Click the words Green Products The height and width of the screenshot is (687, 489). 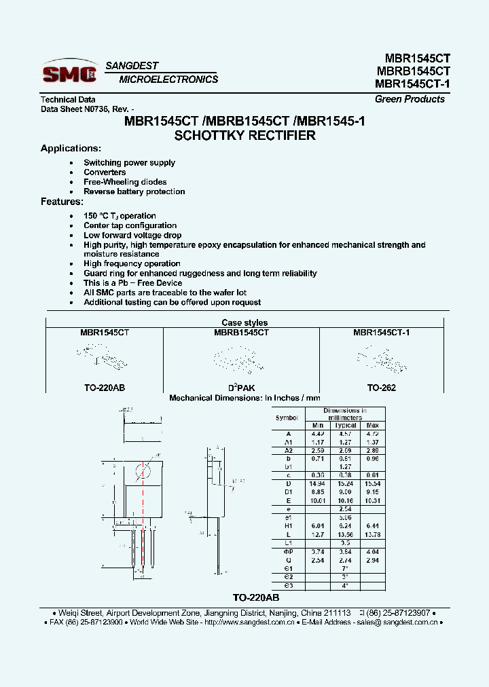410,99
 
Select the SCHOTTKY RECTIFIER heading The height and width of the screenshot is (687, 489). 244,135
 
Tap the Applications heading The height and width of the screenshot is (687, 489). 71,148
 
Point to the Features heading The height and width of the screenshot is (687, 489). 62,202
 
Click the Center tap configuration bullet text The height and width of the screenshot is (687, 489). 130,225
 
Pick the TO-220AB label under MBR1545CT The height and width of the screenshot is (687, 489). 104,388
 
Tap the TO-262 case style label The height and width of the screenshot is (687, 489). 381,388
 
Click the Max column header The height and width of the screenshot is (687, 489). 372,426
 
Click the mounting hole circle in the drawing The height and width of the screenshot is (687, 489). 143,472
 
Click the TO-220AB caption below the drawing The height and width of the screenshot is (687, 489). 256,597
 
